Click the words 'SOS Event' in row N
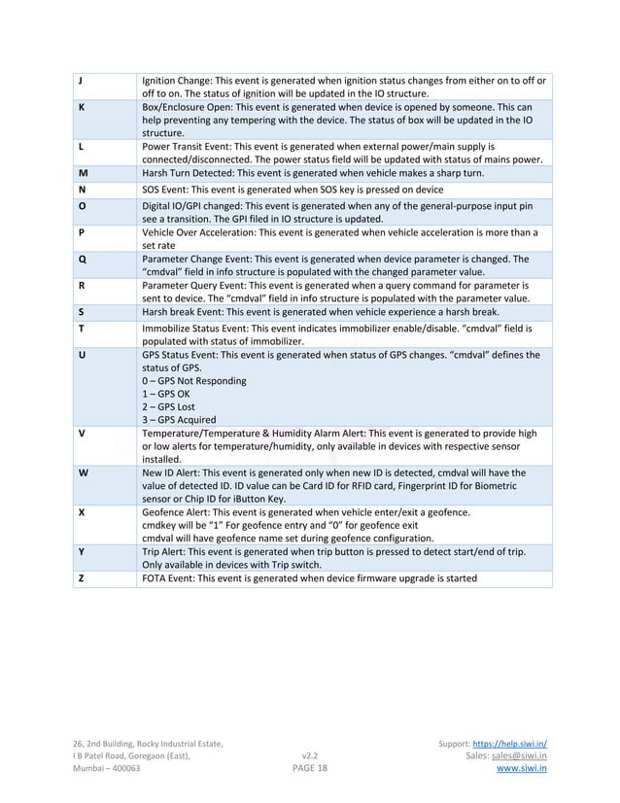click(166, 189)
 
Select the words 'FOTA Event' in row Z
click(169, 578)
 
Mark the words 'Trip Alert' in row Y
click(164, 551)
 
